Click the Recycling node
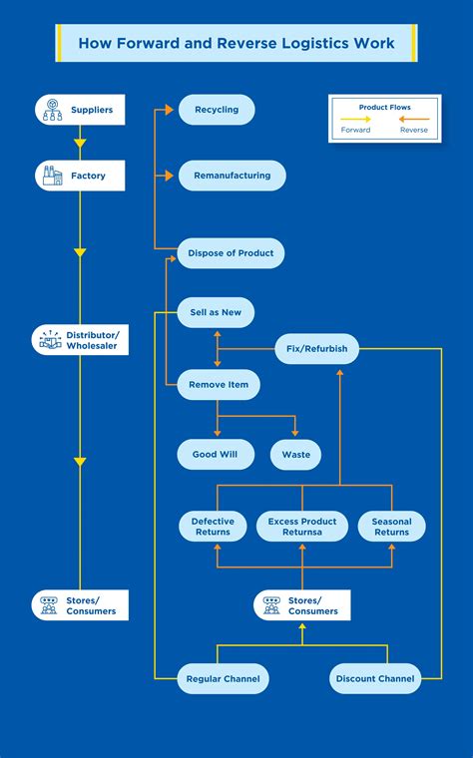[217, 110]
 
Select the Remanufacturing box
[232, 176]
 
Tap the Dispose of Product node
[231, 253]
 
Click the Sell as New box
[216, 312]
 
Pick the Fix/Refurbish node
[316, 349]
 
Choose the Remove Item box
[219, 384]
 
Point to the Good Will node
[215, 455]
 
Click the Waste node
[295, 455]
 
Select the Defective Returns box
[213, 527]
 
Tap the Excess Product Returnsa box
[302, 527]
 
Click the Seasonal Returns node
[391, 527]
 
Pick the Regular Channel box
[223, 679]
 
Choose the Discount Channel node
[374, 679]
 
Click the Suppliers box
[80, 110]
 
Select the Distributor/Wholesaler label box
[80, 339]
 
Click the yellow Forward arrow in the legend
[356, 119]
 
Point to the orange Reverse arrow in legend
[414, 119]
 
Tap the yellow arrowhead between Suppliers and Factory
[80, 144]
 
